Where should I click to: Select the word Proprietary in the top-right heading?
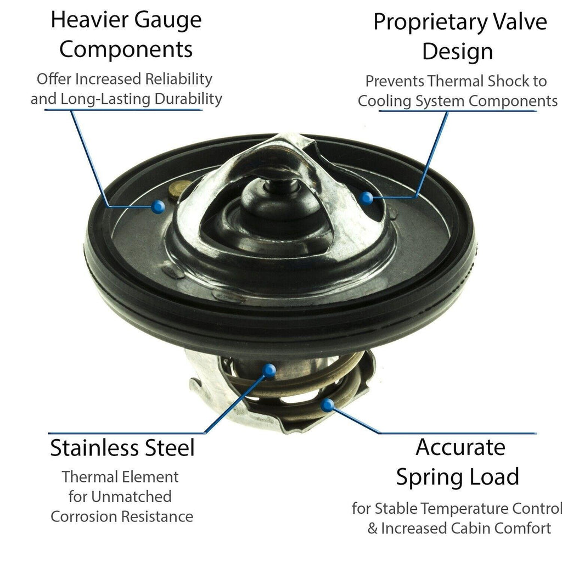tap(431, 22)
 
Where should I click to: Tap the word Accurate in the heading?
tap(460, 447)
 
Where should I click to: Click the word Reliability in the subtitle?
tap(178, 79)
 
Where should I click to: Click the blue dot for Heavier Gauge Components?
tap(158, 206)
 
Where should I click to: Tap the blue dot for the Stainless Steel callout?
tap(268, 370)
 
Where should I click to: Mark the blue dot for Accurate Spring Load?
tap(327, 406)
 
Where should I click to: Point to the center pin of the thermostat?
tap(281, 184)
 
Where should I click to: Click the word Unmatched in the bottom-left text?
tap(131, 497)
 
